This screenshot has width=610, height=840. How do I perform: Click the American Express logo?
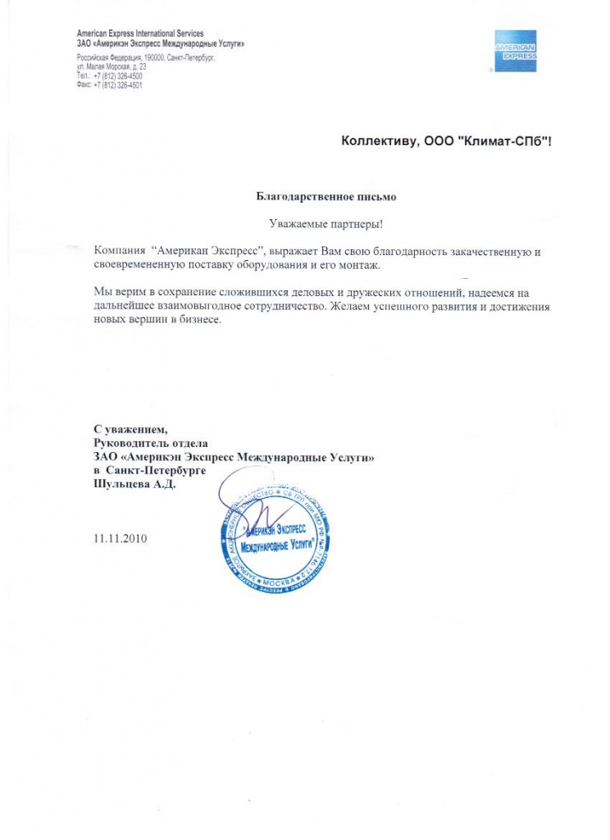[x=515, y=51]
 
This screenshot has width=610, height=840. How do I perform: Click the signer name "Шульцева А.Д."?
[x=135, y=485]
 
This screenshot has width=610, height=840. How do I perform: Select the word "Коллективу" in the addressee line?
[x=377, y=144]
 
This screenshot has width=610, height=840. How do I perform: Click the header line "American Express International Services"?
[x=139, y=33]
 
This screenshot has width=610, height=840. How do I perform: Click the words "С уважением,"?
[x=130, y=429]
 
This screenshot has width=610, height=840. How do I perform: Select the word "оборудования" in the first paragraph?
[x=284, y=267]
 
